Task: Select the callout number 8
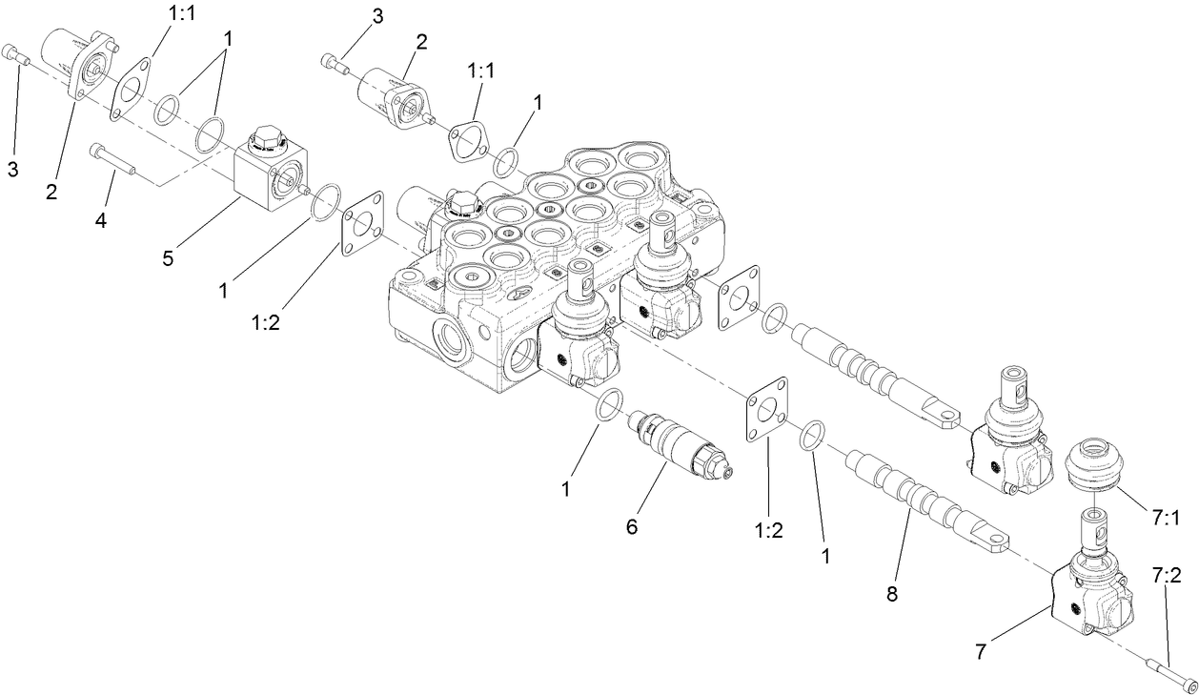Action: point(891,594)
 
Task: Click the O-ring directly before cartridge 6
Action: point(610,404)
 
